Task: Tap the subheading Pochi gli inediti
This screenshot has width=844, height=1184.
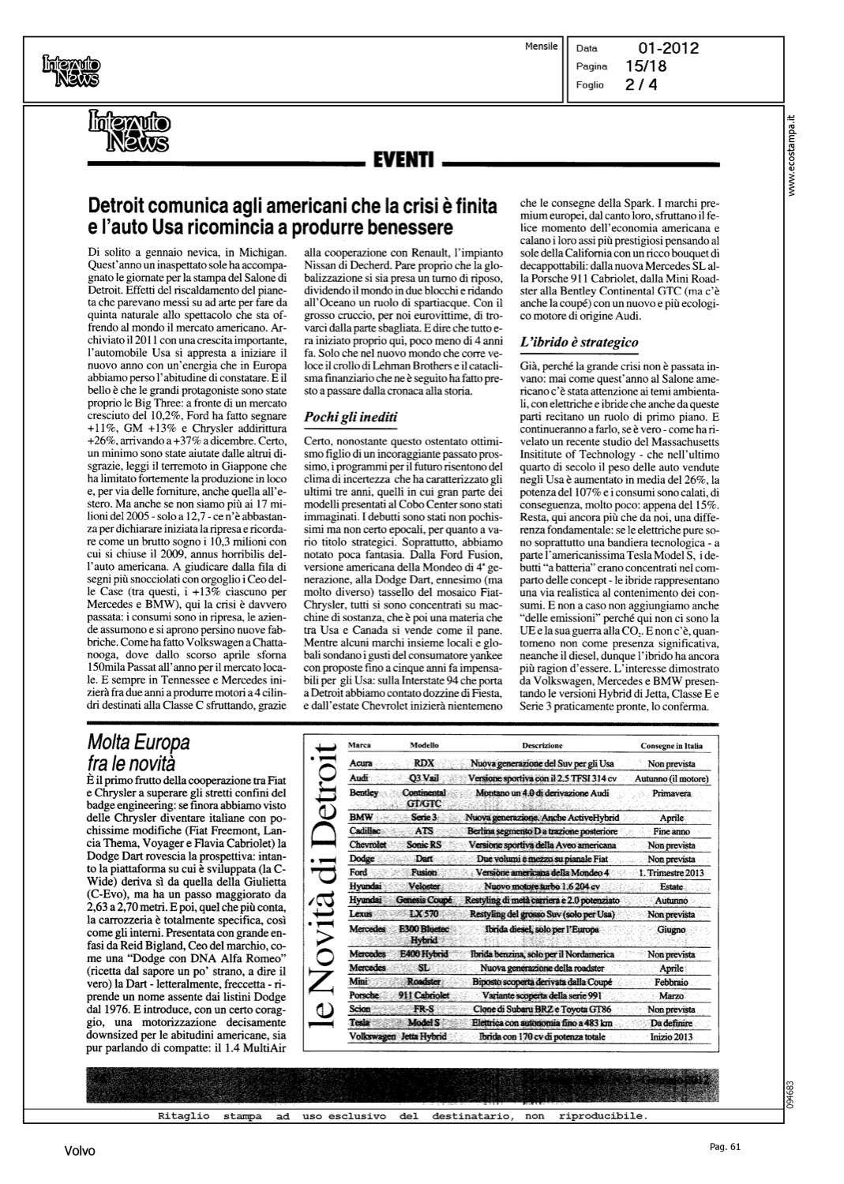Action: coord(351,417)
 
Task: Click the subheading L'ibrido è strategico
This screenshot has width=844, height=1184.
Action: coord(579,343)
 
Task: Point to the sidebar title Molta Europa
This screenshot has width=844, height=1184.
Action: coord(138,743)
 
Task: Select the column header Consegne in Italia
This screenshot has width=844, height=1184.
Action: coord(671,745)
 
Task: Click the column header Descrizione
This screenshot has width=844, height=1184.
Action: coord(542,745)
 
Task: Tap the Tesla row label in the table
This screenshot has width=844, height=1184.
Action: coord(361,1022)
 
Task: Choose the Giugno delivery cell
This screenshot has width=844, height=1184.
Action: coord(671,930)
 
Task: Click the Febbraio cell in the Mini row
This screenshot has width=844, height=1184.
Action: coord(671,983)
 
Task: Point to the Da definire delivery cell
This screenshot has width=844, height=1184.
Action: coord(671,1022)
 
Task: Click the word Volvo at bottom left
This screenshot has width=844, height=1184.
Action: coord(80,1152)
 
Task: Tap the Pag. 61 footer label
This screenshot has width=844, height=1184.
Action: coord(726,1147)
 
